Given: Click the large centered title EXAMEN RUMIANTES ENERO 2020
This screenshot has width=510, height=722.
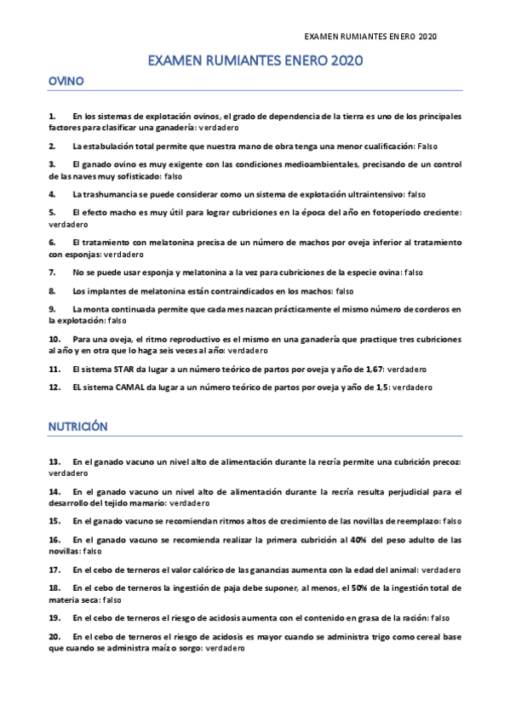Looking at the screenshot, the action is point(255,61).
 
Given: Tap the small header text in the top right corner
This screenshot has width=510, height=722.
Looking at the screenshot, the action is point(370,37).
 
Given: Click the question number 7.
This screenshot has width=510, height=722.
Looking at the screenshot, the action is point(53,272).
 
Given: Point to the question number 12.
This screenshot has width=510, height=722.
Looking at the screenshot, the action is point(54,387).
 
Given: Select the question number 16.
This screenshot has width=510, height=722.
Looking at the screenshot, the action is point(54,540).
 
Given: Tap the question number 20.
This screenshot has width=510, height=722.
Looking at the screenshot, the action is point(54,636).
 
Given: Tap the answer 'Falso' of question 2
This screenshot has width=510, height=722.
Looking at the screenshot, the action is point(427,146).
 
